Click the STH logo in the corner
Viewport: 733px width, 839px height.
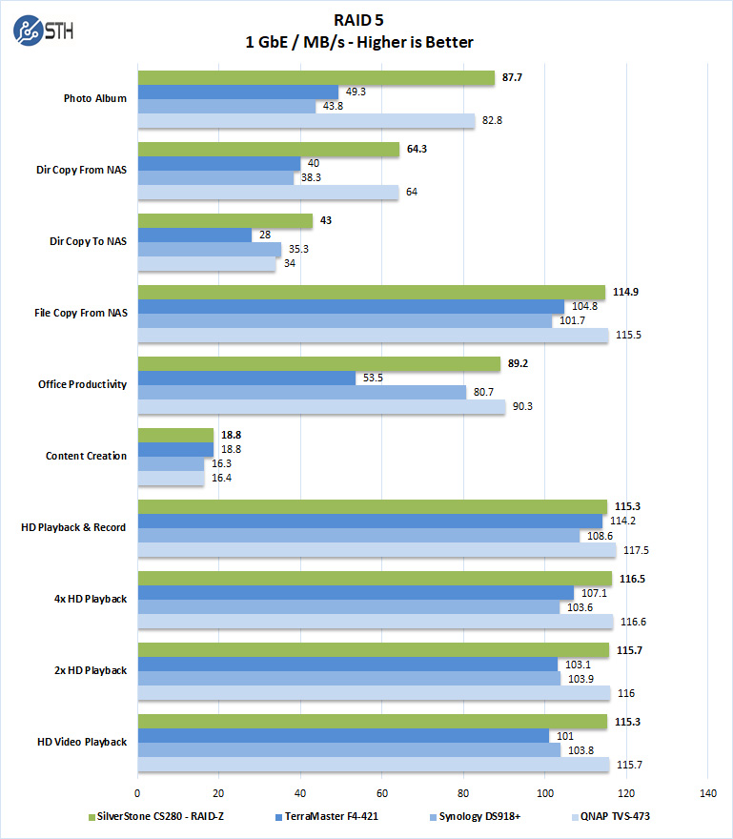pyautogui.click(x=43, y=31)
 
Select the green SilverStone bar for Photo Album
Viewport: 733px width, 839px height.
pyautogui.click(x=316, y=78)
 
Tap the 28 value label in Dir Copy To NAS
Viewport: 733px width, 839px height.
pyautogui.click(x=266, y=235)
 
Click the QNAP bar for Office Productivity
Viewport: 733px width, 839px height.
pyautogui.click(x=321, y=407)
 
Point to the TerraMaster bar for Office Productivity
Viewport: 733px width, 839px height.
pyautogui.click(x=247, y=379)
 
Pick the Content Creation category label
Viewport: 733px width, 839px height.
pyautogui.click(x=86, y=456)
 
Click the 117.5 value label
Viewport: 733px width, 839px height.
pyautogui.click(x=636, y=550)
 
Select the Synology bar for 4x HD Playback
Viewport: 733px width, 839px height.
pyautogui.click(x=349, y=607)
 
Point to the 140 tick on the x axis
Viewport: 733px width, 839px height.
pyautogui.click(x=706, y=793)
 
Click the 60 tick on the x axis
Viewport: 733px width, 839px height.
pyautogui.click(x=382, y=793)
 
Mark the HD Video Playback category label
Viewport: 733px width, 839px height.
pyautogui.click(x=81, y=742)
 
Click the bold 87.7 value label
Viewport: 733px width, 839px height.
pyautogui.click(x=513, y=78)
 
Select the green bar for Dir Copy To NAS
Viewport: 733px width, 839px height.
pyautogui.click(x=225, y=221)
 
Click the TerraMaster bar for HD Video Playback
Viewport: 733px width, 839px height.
pyautogui.click(x=343, y=736)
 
